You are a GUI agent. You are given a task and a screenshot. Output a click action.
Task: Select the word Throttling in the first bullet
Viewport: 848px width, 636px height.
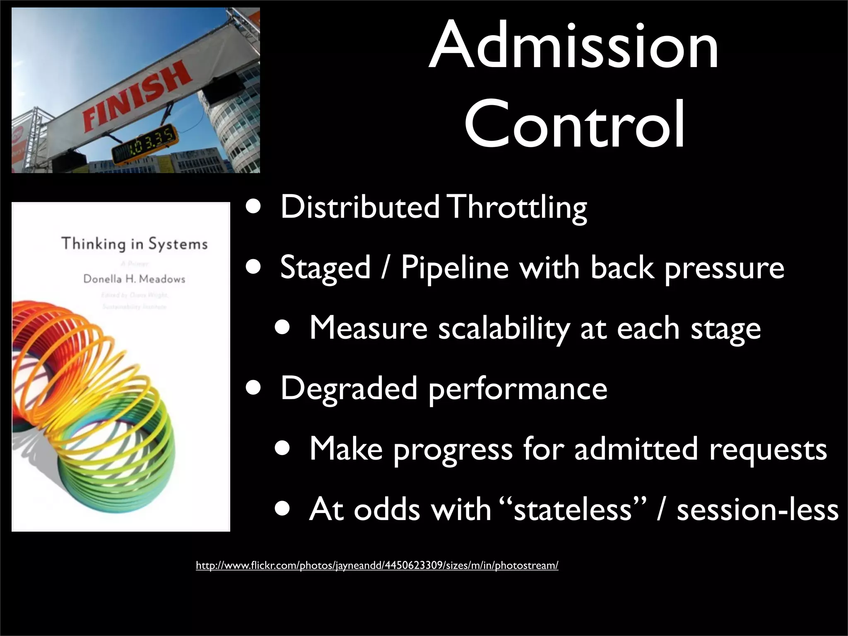click(x=518, y=208)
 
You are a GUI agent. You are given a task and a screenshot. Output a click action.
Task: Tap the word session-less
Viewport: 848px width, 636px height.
click(x=757, y=509)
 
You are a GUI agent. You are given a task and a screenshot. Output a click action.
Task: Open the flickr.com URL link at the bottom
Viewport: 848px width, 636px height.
click(x=377, y=566)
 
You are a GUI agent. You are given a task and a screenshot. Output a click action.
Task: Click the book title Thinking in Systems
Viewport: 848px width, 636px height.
click(x=134, y=243)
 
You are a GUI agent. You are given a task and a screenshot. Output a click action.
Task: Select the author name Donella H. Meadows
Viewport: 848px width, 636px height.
click(x=134, y=279)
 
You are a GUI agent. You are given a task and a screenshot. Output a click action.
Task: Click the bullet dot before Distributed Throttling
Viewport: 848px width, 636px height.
click(x=253, y=207)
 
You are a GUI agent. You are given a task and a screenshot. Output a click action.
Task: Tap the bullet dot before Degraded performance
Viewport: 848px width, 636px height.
click(x=253, y=389)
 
